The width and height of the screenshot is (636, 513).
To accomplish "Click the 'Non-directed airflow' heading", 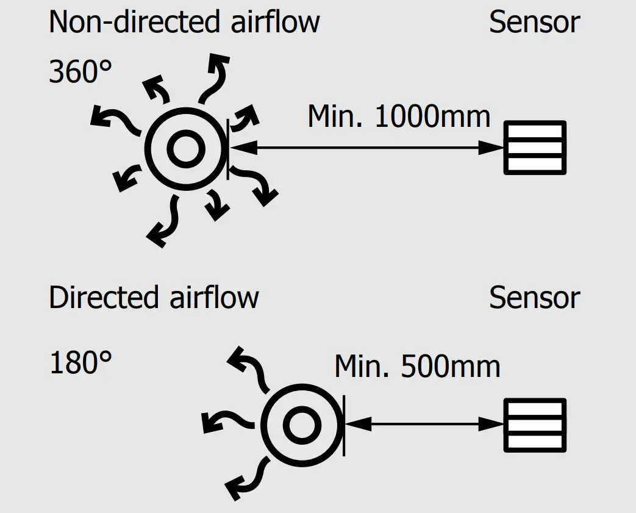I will [184, 22].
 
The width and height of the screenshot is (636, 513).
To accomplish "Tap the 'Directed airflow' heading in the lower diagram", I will [154, 298].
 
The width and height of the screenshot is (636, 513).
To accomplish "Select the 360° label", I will [80, 73].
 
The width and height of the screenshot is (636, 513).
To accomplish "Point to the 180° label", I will [80, 364].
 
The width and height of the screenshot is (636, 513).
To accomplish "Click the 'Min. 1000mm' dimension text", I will [399, 116].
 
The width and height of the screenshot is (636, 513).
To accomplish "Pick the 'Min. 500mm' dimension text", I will [417, 366].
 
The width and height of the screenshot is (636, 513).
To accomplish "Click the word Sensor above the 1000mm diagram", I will [534, 22].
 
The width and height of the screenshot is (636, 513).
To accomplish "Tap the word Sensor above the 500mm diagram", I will [534, 298].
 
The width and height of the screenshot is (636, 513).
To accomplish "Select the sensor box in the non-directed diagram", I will [535, 147].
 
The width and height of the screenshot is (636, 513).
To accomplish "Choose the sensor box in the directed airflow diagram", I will [535, 425].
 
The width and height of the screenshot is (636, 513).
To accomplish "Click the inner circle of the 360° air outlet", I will [185, 148].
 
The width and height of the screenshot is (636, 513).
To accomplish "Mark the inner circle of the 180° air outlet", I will [301, 425].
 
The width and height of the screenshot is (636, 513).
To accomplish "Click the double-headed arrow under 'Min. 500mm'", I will [424, 425].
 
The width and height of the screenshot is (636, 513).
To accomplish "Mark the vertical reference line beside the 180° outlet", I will [345, 425].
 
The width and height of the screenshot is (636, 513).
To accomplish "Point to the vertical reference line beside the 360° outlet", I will [228, 148].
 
